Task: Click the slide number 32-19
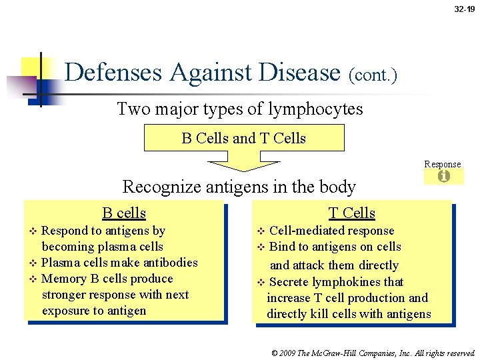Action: [465, 9]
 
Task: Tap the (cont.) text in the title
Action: [373, 75]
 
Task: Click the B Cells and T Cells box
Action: [244, 138]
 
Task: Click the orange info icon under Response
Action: [443, 177]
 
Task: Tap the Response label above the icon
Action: [443, 164]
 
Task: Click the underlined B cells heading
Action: [124, 213]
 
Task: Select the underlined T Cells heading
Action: [352, 213]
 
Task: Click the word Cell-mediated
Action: [304, 231]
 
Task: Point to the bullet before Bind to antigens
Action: [261, 247]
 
